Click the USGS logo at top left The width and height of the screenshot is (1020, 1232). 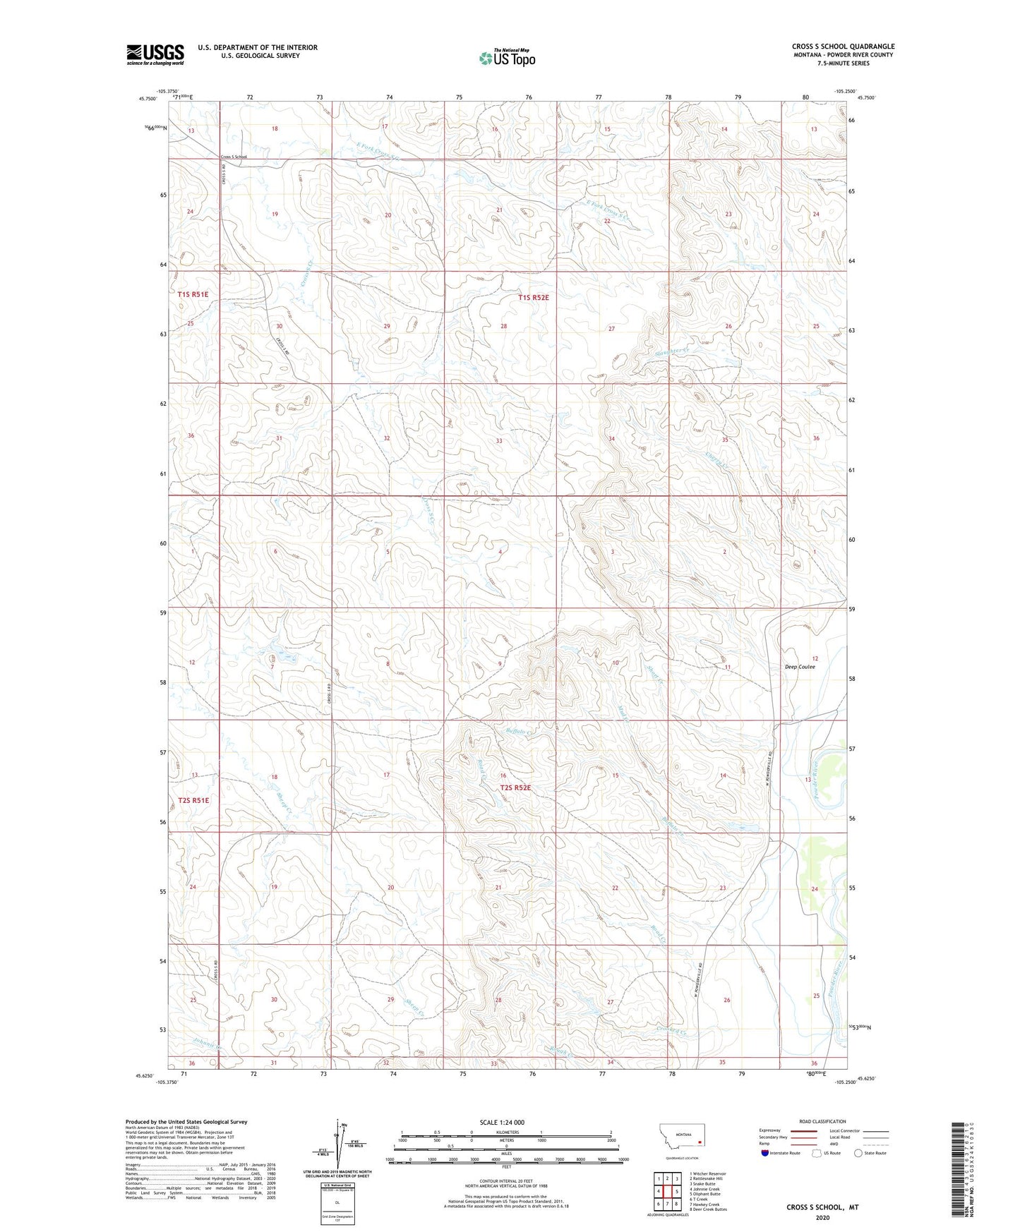click(155, 54)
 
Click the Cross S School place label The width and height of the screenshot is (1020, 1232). click(234, 157)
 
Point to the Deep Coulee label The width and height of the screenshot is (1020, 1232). click(800, 666)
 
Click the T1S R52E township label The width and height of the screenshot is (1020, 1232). click(533, 298)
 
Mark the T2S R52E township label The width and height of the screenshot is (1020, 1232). click(515, 787)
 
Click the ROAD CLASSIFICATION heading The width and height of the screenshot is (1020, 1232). click(822, 1121)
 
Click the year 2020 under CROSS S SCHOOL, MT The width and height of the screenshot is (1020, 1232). click(822, 1217)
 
